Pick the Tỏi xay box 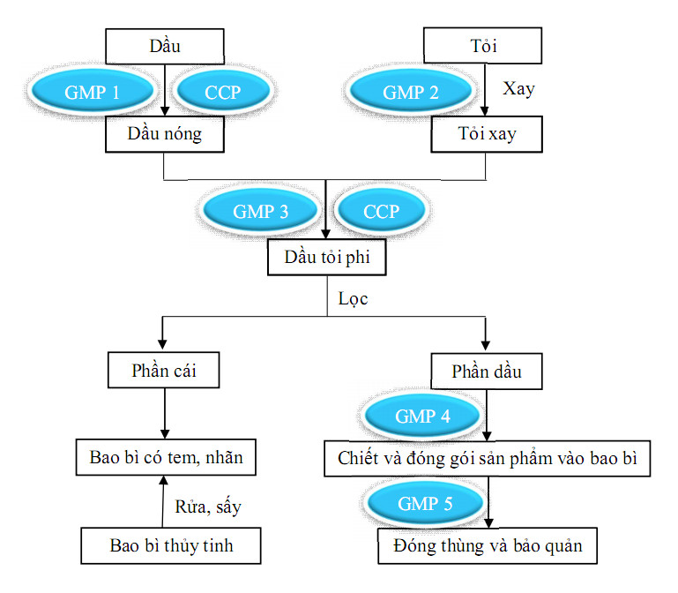point(486,135)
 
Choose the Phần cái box point(163,371)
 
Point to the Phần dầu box point(486,371)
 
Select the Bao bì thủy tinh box point(172,545)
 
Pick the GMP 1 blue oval point(92,92)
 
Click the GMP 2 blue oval point(411,92)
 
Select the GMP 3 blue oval point(261,212)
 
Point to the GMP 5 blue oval point(424,503)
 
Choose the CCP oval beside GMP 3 point(381,212)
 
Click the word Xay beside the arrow point(518,90)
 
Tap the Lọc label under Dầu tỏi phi point(353,298)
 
